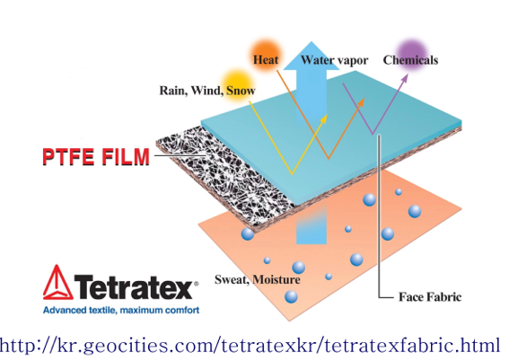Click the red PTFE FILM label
pos(96,157)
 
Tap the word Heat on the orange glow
pos(266,60)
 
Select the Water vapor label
pos(334,60)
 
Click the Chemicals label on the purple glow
pos(410,60)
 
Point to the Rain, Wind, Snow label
pos(207,91)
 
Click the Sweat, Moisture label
pos(258,279)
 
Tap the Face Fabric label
pos(430,296)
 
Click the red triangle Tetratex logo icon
pos(57,282)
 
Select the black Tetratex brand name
pos(134,286)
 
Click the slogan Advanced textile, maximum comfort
pos(121,311)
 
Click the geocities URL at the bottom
pos(250,345)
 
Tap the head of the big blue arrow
pos(312,56)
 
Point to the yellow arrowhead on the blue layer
pos(323,119)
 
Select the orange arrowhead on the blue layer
pos(361,102)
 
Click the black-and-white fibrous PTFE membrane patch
pos(224,173)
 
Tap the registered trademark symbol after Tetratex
pos(196,284)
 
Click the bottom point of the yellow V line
pos(292,175)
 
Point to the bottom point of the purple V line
pos(373,134)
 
